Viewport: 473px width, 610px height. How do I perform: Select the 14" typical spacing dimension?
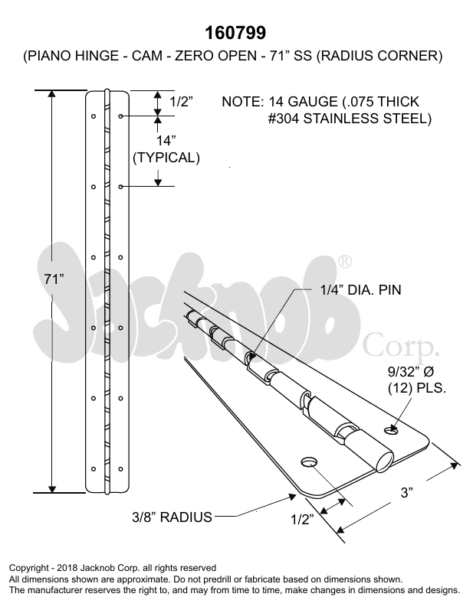166,141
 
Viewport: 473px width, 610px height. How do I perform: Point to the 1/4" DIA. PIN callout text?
360,290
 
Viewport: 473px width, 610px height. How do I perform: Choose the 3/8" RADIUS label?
171,517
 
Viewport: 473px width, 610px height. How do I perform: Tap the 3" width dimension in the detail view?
406,494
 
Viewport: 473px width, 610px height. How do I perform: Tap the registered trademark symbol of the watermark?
346,261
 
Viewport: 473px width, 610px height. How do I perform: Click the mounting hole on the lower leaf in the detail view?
310,462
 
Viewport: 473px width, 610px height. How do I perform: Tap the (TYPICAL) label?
166,158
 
